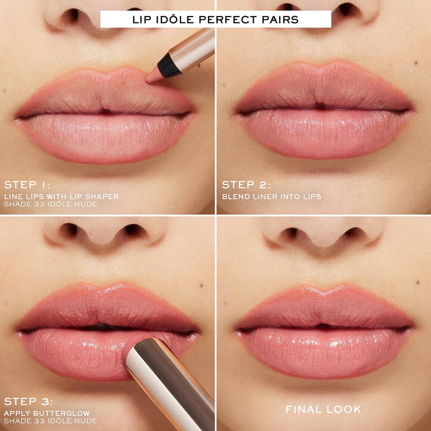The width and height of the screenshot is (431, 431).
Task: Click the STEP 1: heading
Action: (x=27, y=185)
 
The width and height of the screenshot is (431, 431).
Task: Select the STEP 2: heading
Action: (x=246, y=185)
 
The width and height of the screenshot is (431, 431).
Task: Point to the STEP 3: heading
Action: (x=28, y=402)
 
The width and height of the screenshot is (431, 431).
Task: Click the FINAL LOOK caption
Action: (x=323, y=409)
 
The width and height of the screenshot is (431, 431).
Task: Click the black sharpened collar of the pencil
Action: (x=169, y=66)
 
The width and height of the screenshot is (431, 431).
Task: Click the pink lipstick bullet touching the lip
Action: (x=131, y=347)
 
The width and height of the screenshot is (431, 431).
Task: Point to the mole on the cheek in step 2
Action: (x=415, y=63)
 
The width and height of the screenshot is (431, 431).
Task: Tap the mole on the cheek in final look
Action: (x=418, y=282)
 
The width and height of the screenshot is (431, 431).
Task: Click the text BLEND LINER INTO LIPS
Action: (x=272, y=197)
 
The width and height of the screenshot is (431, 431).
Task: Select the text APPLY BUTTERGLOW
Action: (x=47, y=413)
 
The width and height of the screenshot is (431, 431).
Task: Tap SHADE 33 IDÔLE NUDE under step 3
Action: (x=50, y=421)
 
